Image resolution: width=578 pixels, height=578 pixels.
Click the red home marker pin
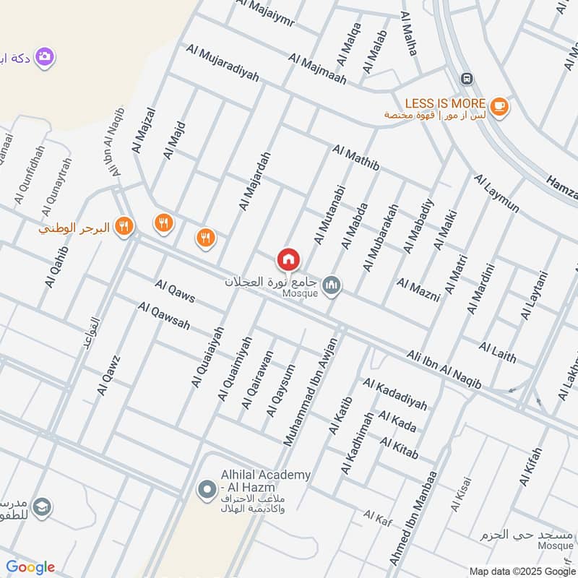click(x=288, y=259)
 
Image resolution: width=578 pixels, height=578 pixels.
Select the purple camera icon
click(x=45, y=56)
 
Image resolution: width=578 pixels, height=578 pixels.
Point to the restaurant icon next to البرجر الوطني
click(x=125, y=226)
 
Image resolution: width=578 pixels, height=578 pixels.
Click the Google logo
click(x=30, y=567)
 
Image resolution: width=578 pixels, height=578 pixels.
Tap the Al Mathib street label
click(x=356, y=159)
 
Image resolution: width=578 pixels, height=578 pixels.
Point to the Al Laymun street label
click(x=496, y=192)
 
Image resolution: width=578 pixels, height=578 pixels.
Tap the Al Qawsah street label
click(x=164, y=316)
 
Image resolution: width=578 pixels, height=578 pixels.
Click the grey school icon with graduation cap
click(x=43, y=508)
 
